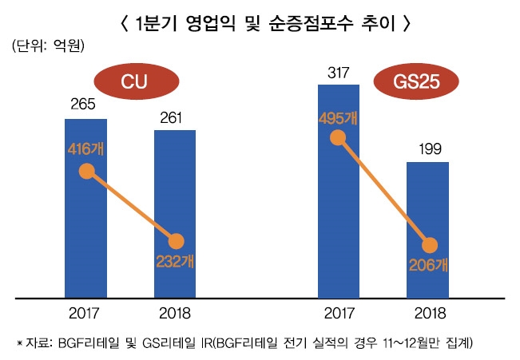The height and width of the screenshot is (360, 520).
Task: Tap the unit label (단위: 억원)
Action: coord(50,49)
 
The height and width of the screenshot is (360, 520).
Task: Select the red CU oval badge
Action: coord(135,81)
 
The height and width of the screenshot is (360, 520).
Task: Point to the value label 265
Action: coord(85,105)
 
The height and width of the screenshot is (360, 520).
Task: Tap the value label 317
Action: coord(338,72)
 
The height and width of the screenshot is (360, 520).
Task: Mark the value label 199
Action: coord(429,149)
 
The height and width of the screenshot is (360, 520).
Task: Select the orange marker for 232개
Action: coord(176,241)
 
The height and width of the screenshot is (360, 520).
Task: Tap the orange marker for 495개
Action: coord(339,138)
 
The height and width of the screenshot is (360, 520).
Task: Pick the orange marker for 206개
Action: coord(429,246)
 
